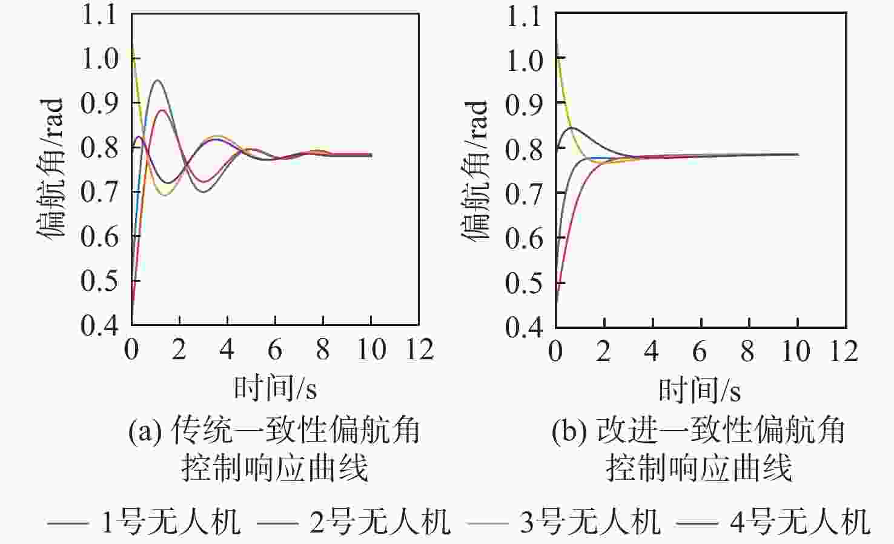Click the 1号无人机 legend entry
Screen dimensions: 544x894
click(144, 521)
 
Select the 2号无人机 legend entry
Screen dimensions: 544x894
click(354, 521)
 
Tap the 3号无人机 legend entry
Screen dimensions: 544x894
click(563, 521)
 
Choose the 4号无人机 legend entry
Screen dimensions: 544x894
click(773, 521)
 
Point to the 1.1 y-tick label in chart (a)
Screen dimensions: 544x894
click(99, 15)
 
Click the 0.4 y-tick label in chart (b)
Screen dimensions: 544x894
click(524, 327)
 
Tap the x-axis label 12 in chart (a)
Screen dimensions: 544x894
click(419, 350)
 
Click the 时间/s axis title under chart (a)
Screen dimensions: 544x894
click(276, 388)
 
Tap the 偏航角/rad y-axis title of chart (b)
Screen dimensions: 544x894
click(475, 170)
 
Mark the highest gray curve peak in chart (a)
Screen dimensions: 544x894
click(157, 80)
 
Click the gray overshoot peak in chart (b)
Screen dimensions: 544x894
click(571, 127)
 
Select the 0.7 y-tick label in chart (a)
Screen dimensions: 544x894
click(99, 193)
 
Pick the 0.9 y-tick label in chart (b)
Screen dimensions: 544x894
click(524, 104)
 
